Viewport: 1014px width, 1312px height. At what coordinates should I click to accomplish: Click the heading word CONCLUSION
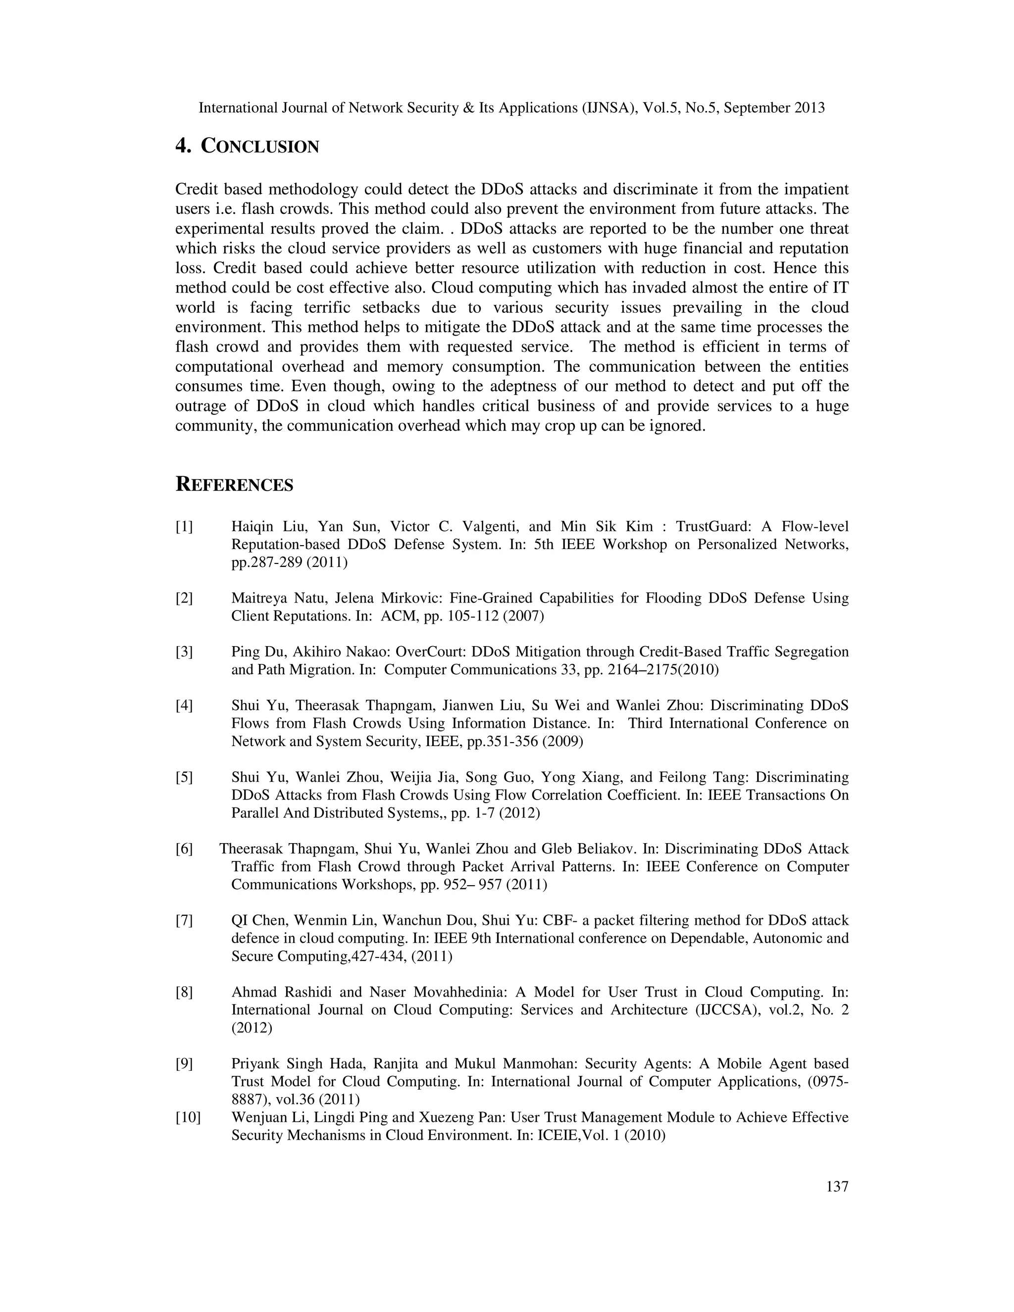coord(259,147)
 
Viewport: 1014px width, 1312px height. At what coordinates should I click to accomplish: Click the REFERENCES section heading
coord(234,485)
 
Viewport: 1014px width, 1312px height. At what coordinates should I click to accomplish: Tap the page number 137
coord(837,1186)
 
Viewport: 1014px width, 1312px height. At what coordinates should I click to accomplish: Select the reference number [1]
coord(184,527)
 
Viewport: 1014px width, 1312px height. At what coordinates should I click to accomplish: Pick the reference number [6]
coord(184,849)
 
